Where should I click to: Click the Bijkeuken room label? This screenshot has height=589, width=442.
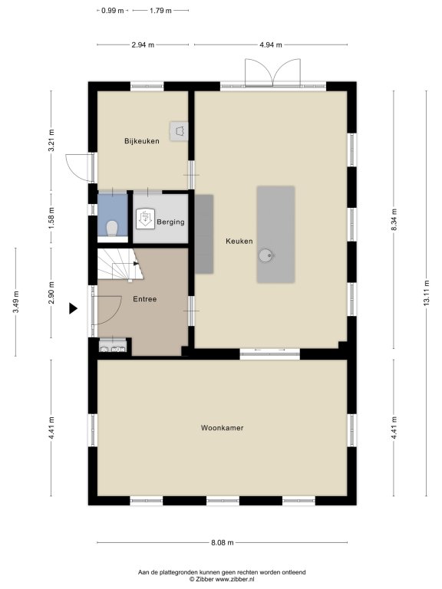click(142, 141)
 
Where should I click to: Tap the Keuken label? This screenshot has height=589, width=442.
click(239, 241)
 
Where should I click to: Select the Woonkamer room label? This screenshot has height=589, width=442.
click(222, 428)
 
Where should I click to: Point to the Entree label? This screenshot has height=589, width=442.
click(145, 299)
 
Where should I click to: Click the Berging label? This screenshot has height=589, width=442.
click(170, 222)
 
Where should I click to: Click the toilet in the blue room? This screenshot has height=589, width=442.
click(112, 228)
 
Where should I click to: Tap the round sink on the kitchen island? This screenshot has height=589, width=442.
click(266, 256)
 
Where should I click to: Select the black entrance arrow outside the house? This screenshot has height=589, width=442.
click(73, 308)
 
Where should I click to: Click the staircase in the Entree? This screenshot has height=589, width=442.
click(120, 264)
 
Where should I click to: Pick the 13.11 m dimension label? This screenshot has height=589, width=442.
click(426, 293)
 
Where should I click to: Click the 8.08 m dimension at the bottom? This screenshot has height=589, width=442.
click(222, 542)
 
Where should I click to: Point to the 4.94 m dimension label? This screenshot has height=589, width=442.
click(271, 44)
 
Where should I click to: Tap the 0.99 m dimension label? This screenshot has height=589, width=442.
click(112, 11)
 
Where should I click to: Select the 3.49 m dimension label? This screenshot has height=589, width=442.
click(15, 302)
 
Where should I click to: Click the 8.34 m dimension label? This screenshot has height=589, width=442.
click(394, 220)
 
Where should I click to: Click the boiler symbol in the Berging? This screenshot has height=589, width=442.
click(145, 219)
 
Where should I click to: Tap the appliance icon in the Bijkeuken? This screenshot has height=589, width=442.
click(180, 131)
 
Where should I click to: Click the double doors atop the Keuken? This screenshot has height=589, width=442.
click(272, 73)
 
